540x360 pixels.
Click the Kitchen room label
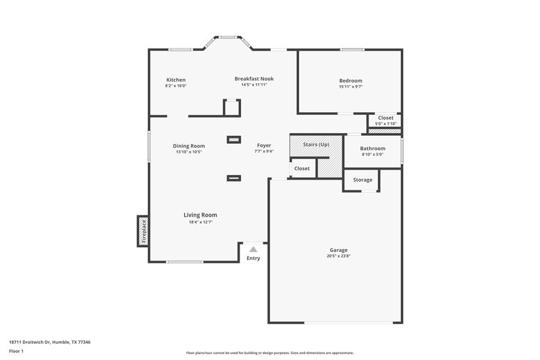tap(175, 80)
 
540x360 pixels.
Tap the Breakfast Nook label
tap(254, 78)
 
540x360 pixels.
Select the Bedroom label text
tap(350, 80)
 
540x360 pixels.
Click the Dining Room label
tap(188, 146)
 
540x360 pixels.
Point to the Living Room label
tap(200, 215)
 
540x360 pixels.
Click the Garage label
tap(338, 249)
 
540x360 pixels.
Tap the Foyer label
tap(264, 145)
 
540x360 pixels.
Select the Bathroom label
tap(372, 148)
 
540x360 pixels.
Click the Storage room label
tap(362, 180)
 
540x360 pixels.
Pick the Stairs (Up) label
tap(316, 145)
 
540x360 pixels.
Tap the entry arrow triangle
tap(253, 249)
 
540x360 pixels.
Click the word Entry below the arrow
tap(253, 258)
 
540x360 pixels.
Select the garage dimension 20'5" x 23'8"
tap(338, 256)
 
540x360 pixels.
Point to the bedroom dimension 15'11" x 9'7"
tap(350, 86)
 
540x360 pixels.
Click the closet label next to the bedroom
tap(385, 118)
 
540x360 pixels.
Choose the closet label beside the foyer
tap(302, 168)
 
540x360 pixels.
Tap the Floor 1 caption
tap(17, 351)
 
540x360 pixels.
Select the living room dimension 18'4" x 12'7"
tap(200, 222)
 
